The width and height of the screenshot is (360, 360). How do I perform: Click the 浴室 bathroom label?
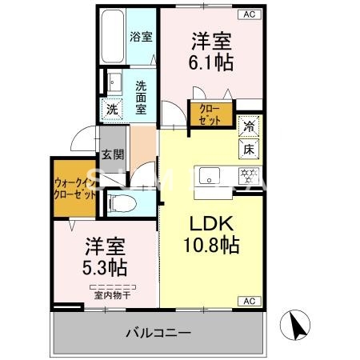click(x=142, y=36)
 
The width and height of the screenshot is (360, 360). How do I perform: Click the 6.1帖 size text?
click(x=210, y=60)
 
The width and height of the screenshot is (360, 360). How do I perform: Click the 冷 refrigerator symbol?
click(x=250, y=126)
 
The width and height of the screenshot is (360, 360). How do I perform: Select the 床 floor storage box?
click(x=250, y=147)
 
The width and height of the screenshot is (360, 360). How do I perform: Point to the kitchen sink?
click(x=210, y=175)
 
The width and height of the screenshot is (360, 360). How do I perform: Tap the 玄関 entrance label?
click(x=112, y=156)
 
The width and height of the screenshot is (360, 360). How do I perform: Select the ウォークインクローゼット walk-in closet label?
click(x=74, y=187)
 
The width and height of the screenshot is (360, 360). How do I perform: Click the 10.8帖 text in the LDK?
click(x=212, y=246)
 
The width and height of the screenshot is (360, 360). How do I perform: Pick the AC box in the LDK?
click(x=248, y=301)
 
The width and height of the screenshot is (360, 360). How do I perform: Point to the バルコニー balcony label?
click(x=158, y=332)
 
